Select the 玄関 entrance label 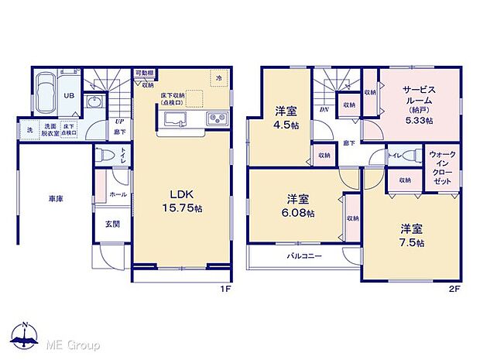pos(112,224)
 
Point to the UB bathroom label pos(68,96)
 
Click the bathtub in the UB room pos(46,91)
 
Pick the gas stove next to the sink pos(216,118)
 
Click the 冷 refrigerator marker pos(219,79)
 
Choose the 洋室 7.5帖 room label pos(411,235)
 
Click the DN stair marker pos(323,109)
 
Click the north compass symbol pos(26,334)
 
